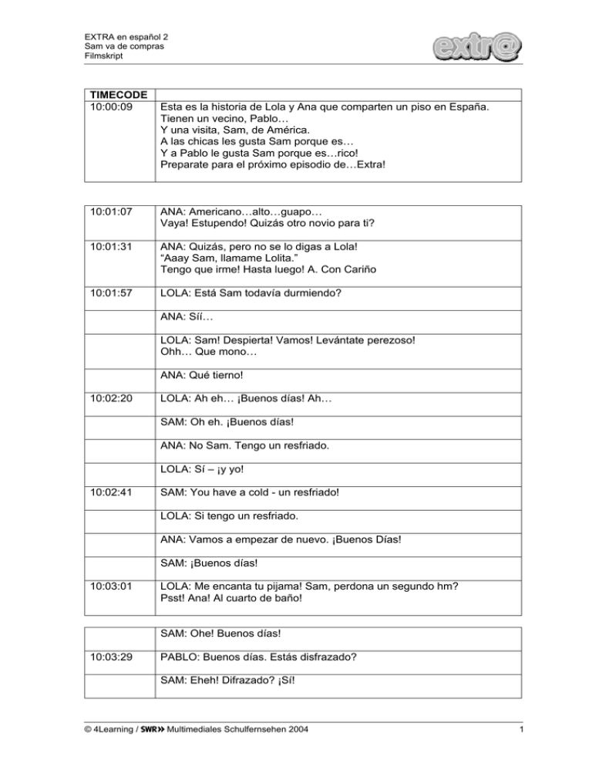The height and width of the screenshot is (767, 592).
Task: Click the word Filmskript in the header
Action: pyautogui.click(x=96, y=56)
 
